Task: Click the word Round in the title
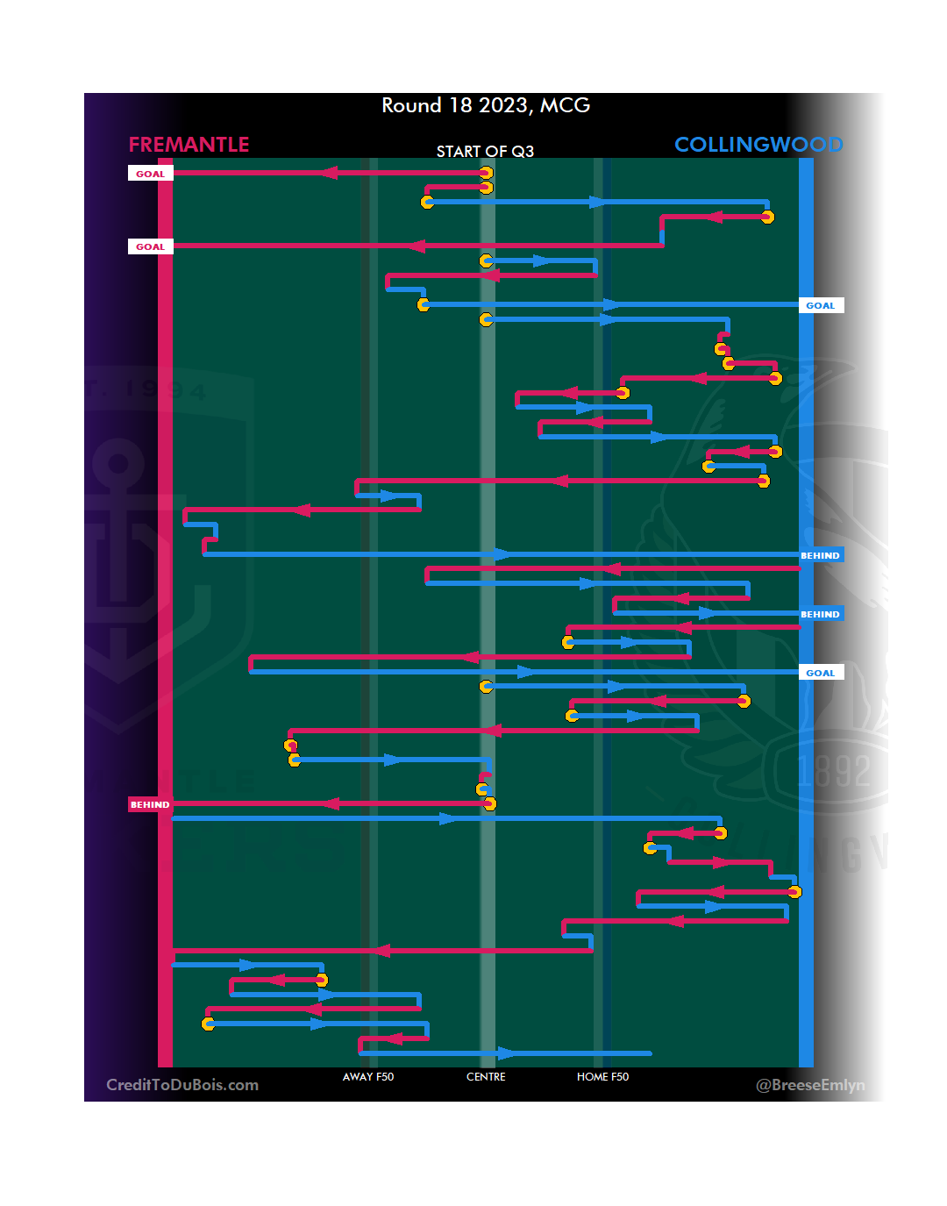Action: (411, 105)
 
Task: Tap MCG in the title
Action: (565, 105)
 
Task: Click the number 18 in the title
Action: (460, 105)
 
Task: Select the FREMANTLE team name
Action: (189, 145)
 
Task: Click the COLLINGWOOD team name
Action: (758, 145)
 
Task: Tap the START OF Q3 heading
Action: (485, 152)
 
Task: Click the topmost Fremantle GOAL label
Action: (150, 174)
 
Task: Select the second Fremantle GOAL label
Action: (150, 246)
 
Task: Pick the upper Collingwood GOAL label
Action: (821, 305)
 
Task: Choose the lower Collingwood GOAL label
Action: (821, 673)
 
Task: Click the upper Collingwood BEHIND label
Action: (820, 555)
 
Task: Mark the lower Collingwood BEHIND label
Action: (820, 614)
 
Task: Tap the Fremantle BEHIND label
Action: (150, 804)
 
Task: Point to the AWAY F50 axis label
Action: (368, 1077)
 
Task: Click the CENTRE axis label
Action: (486, 1077)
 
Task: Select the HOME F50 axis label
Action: (602, 1077)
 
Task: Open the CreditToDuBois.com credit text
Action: (182, 1085)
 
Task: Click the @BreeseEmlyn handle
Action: (810, 1085)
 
